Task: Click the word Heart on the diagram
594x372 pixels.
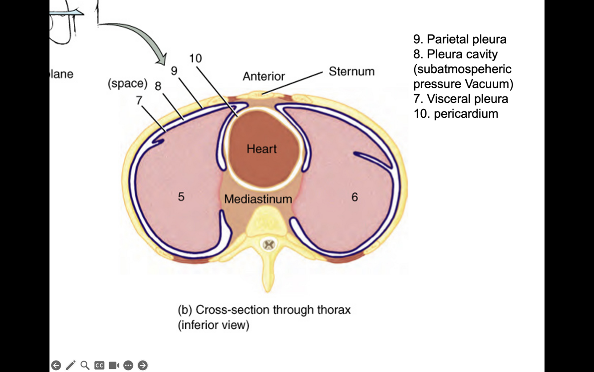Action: pyautogui.click(x=261, y=149)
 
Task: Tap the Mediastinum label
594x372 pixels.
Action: pyautogui.click(x=258, y=199)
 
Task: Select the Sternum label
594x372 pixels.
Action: pyautogui.click(x=351, y=71)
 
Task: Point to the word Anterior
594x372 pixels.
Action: pyautogui.click(x=264, y=76)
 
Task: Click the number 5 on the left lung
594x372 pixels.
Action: pyautogui.click(x=181, y=197)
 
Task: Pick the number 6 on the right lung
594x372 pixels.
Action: pyautogui.click(x=354, y=197)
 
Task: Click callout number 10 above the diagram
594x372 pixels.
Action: pyautogui.click(x=195, y=58)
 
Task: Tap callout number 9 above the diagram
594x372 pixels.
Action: pyautogui.click(x=174, y=71)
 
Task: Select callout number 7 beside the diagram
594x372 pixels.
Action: pyautogui.click(x=139, y=100)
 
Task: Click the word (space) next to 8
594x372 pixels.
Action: pyautogui.click(x=127, y=84)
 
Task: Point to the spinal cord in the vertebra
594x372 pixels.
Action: pyautogui.click(x=268, y=244)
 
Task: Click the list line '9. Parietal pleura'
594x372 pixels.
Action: pyautogui.click(x=460, y=39)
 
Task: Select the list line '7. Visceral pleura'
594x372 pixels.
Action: pyautogui.click(x=461, y=99)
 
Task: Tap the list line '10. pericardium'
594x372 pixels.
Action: pyautogui.click(x=456, y=114)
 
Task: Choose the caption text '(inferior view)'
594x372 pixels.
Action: pyautogui.click(x=214, y=325)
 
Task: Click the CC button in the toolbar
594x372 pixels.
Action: pyautogui.click(x=99, y=365)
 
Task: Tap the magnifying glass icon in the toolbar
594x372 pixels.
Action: pyautogui.click(x=85, y=365)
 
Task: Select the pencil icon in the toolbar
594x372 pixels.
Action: pyautogui.click(x=70, y=365)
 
